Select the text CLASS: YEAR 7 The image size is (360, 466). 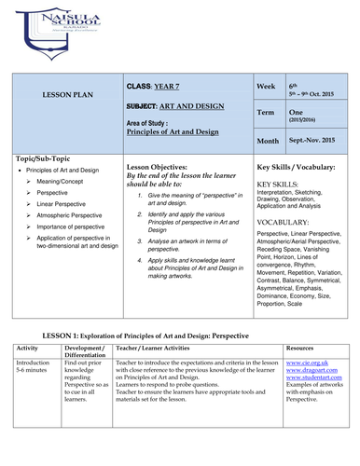click(156, 86)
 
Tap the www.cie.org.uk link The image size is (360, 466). click(306, 358)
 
